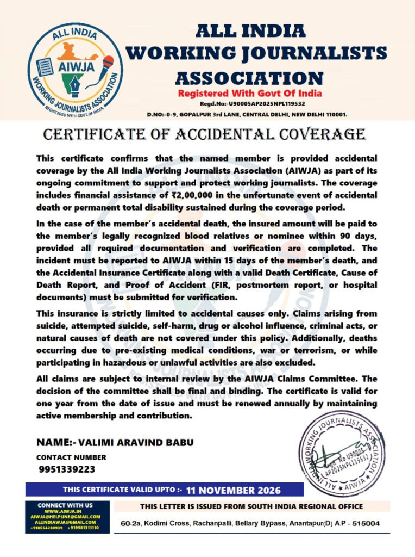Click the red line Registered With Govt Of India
[250, 93]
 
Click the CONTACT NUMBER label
[71, 457]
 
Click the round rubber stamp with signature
[343, 454]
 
